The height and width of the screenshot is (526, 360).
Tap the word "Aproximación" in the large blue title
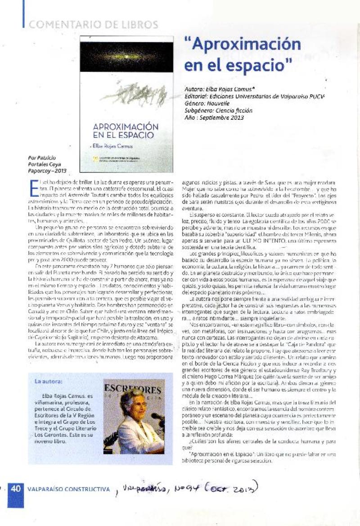tap(243, 45)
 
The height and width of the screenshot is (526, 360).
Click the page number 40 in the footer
tap(15, 489)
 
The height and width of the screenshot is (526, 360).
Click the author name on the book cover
tap(112, 146)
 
